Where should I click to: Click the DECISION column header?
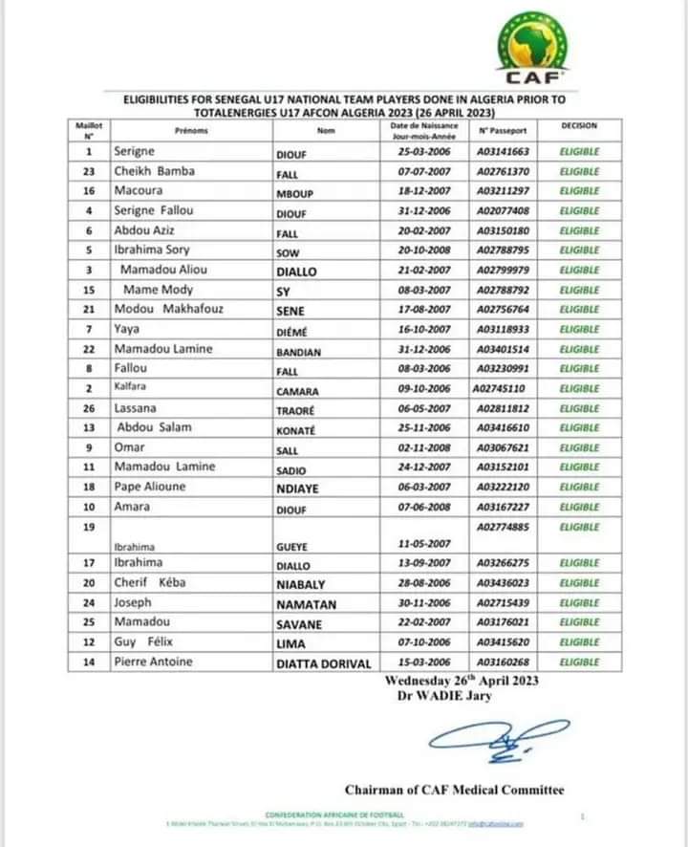(579, 126)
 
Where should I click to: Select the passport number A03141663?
(503, 152)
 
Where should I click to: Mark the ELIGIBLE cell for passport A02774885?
(579, 527)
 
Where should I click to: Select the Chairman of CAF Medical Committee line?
(454, 790)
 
